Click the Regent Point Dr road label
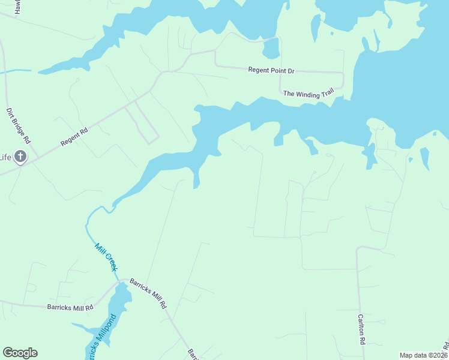[x=271, y=70]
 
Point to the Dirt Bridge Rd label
[x=18, y=125]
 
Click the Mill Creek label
[x=106, y=257]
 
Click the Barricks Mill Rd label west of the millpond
[x=70, y=307]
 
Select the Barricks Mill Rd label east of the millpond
[x=148, y=293]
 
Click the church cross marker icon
[x=20, y=157]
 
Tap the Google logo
[x=20, y=353]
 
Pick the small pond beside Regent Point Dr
[x=271, y=49]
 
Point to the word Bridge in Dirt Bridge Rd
[x=18, y=126]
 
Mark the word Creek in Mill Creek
[x=110, y=262]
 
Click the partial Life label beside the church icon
[x=5, y=158]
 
